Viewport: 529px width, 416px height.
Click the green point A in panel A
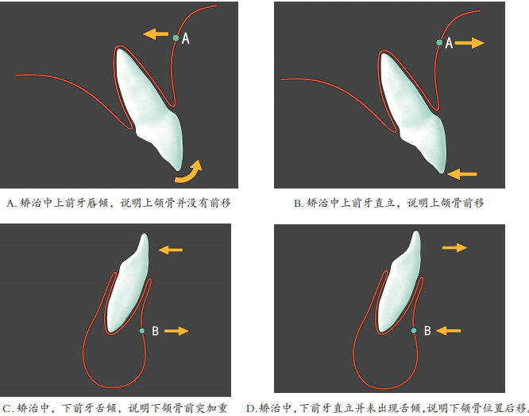[x=176, y=38]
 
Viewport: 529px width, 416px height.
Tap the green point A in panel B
[x=439, y=43]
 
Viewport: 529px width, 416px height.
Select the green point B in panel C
[x=142, y=331]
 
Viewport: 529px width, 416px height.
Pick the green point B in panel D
[x=414, y=331]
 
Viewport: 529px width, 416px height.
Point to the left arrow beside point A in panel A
[x=156, y=33]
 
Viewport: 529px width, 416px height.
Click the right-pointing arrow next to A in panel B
[x=469, y=43]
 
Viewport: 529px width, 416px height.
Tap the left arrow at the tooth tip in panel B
[x=461, y=174]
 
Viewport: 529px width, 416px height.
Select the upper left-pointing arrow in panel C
[x=170, y=250]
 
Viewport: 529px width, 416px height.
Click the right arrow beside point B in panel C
[x=176, y=331]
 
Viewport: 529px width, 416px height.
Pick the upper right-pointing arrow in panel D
[x=455, y=247]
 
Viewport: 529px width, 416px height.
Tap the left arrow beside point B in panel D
[x=448, y=331]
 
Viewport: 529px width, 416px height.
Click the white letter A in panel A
[x=186, y=38]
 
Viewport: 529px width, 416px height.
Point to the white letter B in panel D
[x=427, y=331]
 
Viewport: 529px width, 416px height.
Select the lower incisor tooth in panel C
[x=128, y=284]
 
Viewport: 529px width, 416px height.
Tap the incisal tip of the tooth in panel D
[x=416, y=232]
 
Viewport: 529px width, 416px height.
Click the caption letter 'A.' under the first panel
[x=11, y=203]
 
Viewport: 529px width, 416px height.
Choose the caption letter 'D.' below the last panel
[x=252, y=409]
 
